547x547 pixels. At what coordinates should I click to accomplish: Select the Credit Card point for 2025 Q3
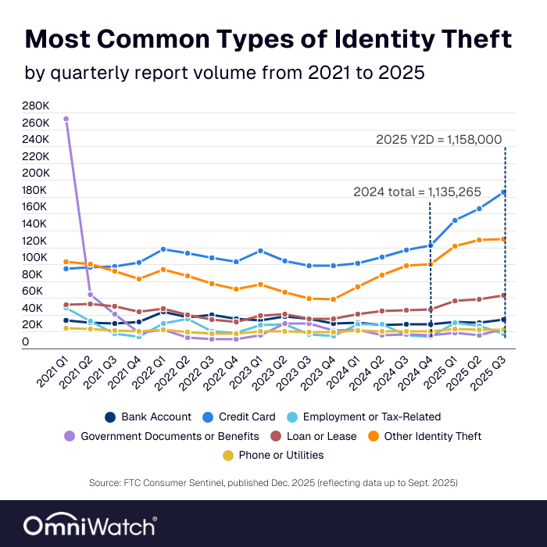coord(504,192)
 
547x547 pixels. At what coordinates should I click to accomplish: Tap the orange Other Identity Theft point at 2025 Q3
coord(504,239)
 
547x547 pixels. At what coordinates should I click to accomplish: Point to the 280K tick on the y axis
coord(37,105)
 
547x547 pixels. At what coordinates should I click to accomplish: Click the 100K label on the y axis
coord(37,258)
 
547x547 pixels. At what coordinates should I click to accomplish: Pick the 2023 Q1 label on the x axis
coord(248,371)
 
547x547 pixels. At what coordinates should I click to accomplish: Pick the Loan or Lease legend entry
coord(313,436)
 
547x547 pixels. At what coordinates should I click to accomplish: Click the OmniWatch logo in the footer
coord(90,524)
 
